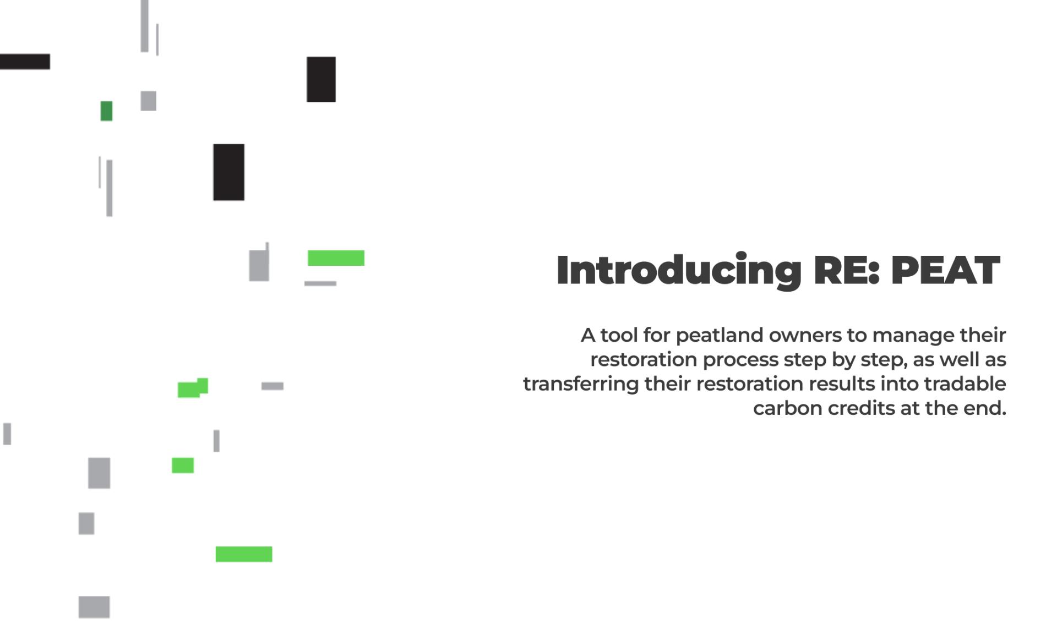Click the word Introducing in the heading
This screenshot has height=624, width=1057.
click(x=679, y=270)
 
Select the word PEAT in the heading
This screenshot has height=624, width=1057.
click(x=945, y=270)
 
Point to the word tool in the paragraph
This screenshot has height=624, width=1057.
click(x=619, y=335)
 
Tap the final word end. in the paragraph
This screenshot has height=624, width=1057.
click(x=985, y=408)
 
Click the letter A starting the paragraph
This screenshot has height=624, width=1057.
click(x=588, y=335)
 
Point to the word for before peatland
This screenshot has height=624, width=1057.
click(x=657, y=335)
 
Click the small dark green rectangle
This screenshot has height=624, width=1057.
click(x=106, y=111)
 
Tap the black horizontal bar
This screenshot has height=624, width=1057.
click(x=25, y=62)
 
